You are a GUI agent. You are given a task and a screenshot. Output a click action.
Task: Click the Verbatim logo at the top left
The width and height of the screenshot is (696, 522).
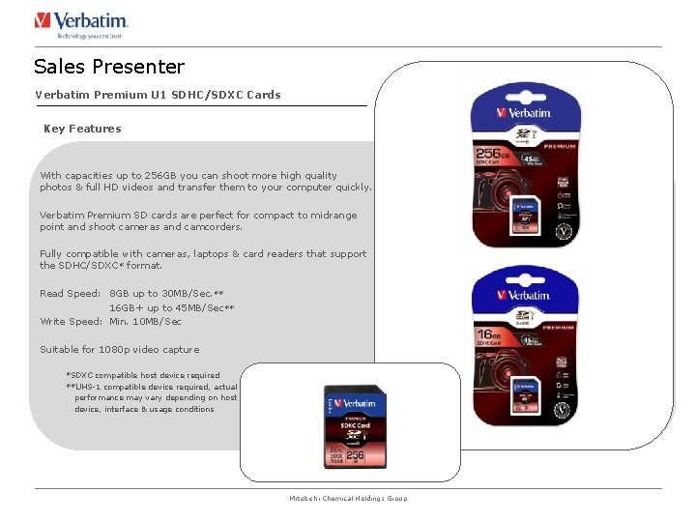click(x=81, y=23)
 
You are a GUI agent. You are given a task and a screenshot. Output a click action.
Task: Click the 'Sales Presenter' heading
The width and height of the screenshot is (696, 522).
click(x=108, y=67)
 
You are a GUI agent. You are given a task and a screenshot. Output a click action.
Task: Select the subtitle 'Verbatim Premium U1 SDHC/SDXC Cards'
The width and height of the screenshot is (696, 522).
click(x=158, y=95)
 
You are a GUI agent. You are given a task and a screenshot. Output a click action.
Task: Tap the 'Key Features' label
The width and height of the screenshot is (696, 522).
click(x=82, y=129)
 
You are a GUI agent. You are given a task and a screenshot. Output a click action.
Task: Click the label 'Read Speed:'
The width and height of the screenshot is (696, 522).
click(x=70, y=293)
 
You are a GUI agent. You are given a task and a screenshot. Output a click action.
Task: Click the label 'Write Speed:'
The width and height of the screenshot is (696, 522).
click(x=72, y=321)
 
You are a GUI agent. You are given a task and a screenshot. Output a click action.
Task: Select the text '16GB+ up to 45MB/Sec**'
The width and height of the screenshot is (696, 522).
click(x=171, y=307)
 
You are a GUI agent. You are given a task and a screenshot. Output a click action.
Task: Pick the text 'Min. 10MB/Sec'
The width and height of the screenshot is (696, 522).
click(x=145, y=321)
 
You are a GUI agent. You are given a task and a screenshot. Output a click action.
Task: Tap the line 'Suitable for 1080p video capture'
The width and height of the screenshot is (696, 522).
click(x=119, y=350)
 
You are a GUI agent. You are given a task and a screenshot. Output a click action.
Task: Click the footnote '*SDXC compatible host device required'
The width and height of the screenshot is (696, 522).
click(x=142, y=375)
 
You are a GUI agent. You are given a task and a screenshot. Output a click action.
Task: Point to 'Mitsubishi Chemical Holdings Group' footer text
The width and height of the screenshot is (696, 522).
click(x=348, y=499)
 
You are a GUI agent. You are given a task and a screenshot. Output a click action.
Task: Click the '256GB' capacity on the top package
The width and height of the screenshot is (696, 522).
click(x=493, y=154)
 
